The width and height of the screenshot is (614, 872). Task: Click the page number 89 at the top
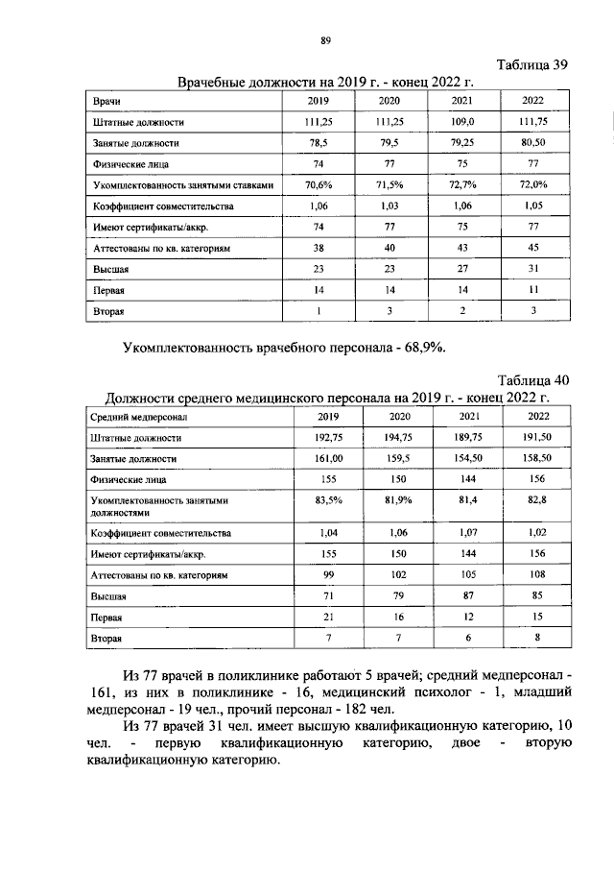point(325,39)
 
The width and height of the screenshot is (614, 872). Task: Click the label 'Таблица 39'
point(533,65)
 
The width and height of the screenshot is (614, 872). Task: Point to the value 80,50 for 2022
point(533,143)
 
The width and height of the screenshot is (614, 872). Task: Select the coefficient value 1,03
point(389,206)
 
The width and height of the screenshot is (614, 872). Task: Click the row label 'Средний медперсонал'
point(141,417)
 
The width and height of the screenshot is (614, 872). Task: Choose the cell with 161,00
point(329,458)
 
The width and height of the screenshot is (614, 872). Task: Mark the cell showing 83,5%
point(329,500)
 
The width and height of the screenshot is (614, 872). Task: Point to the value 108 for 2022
point(538,574)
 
